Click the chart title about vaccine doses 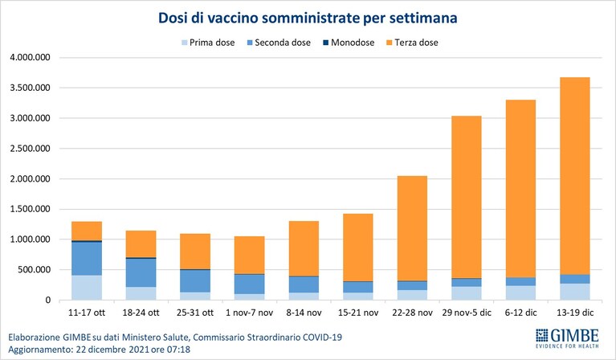point(308,18)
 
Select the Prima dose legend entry point(208,43)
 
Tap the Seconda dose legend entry point(279,43)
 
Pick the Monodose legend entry point(349,43)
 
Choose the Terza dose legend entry point(412,43)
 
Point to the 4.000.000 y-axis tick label point(31,57)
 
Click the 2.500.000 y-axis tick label point(31,149)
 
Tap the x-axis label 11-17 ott point(87,313)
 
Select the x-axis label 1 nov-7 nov point(250,313)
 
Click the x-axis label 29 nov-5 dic point(467,313)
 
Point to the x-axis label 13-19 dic point(575,313)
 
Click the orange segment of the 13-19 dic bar point(575,176)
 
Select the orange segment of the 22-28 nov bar point(412,228)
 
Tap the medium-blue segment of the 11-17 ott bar point(87,259)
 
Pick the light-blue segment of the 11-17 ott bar point(87,288)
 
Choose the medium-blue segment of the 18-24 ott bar point(141,272)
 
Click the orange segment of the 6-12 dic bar point(521,189)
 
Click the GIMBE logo point(567,338)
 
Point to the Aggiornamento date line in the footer point(99,350)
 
